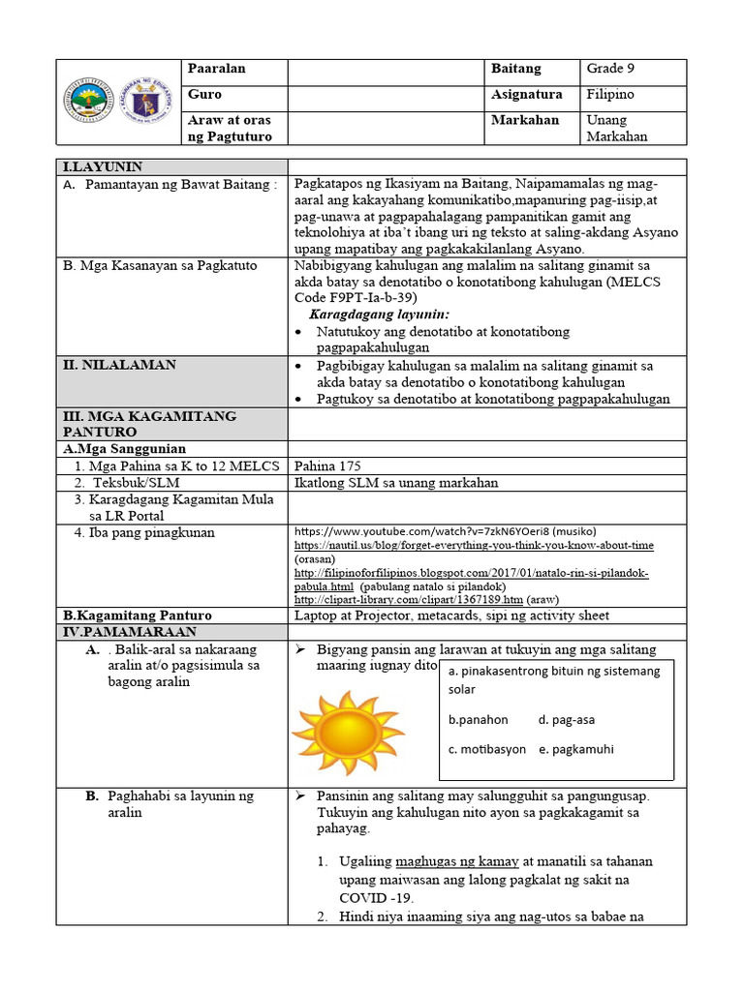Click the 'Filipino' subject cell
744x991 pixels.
point(610,95)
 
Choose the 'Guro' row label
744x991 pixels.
point(206,95)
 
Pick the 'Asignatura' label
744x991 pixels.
point(526,95)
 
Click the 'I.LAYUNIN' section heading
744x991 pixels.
point(103,166)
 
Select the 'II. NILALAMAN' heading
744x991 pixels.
point(120,365)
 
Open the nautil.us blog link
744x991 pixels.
point(474,546)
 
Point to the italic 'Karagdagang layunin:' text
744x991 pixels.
point(379,315)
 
